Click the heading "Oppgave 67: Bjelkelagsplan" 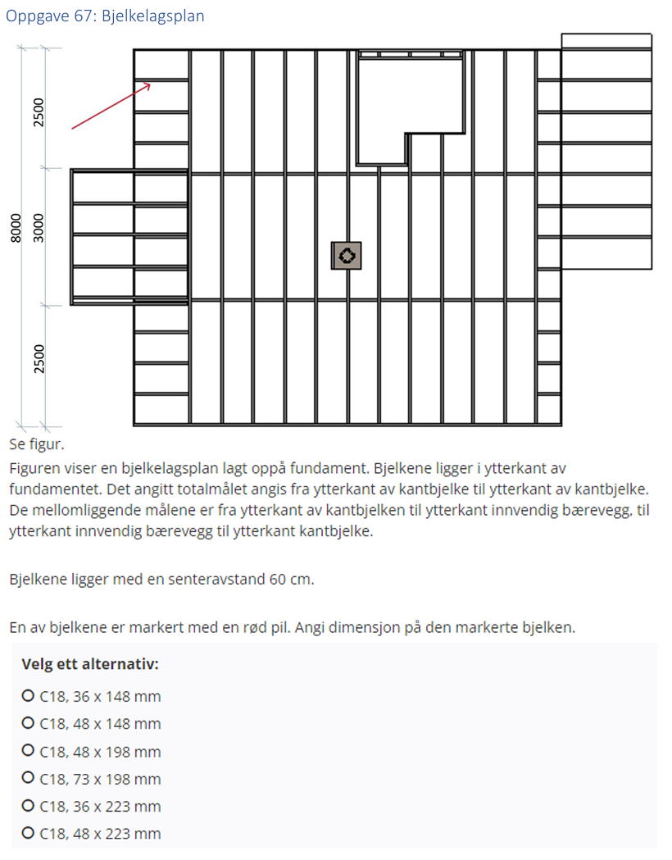[105, 16]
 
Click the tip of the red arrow [152, 83]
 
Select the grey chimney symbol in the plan [347, 256]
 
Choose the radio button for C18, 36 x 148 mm [28, 697]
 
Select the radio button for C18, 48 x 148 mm [28, 724]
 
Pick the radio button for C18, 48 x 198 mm [28, 752]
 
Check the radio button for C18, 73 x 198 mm [28, 779]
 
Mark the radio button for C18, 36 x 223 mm [28, 806]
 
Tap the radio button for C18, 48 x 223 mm [28, 834]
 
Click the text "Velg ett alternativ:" [90, 664]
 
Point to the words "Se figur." [36, 445]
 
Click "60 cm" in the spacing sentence [291, 579]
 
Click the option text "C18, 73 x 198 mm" [100, 779]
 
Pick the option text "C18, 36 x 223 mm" [100, 806]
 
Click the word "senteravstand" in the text [219, 579]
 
